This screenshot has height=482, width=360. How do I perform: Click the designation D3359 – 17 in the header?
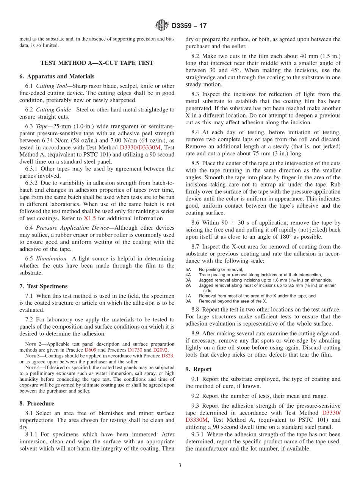pos(189,26)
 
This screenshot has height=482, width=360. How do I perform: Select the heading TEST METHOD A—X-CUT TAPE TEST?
pos(97,63)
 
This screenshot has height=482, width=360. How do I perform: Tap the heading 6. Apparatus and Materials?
pos(57,76)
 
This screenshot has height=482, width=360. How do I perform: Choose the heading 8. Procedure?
pos(37,403)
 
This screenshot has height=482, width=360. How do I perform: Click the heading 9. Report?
pos(199,369)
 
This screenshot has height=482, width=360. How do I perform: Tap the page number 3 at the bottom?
pos(180,465)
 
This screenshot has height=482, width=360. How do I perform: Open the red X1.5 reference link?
pos(90,218)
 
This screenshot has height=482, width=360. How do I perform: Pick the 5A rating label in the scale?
pos(188,269)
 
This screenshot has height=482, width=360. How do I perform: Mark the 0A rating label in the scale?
pos(188,301)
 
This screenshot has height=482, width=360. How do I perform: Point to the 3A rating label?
pos(188,280)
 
